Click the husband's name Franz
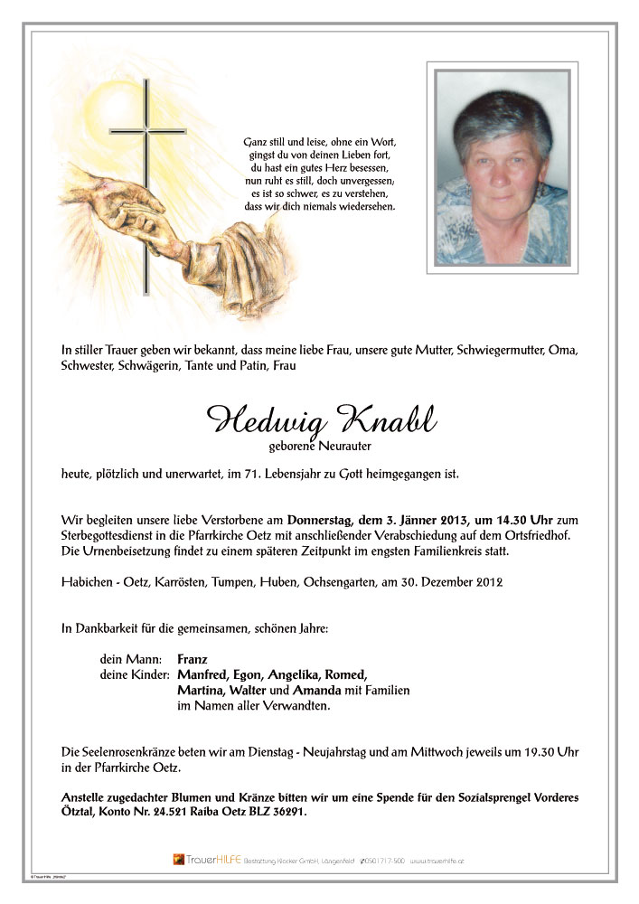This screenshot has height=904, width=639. point(193,659)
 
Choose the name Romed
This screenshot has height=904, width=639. point(344,674)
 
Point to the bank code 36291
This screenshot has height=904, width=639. point(287,813)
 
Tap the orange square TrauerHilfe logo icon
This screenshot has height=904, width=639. point(179,859)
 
